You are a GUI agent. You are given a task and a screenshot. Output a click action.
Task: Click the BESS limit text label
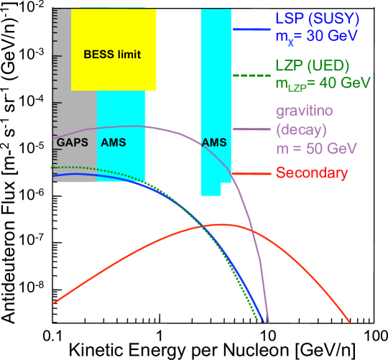111,55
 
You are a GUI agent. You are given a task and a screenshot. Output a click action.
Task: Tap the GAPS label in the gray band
72,142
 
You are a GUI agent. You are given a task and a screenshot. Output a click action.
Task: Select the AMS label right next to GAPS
113,142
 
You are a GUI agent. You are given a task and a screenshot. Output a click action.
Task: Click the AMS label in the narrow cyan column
214,142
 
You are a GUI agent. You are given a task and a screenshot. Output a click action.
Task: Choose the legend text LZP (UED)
313,65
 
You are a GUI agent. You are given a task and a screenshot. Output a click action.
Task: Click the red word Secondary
312,173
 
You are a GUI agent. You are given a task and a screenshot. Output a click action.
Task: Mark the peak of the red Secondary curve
208,225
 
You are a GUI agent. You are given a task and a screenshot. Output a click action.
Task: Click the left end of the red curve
52,304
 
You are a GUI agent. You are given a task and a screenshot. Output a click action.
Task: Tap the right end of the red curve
351,323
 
